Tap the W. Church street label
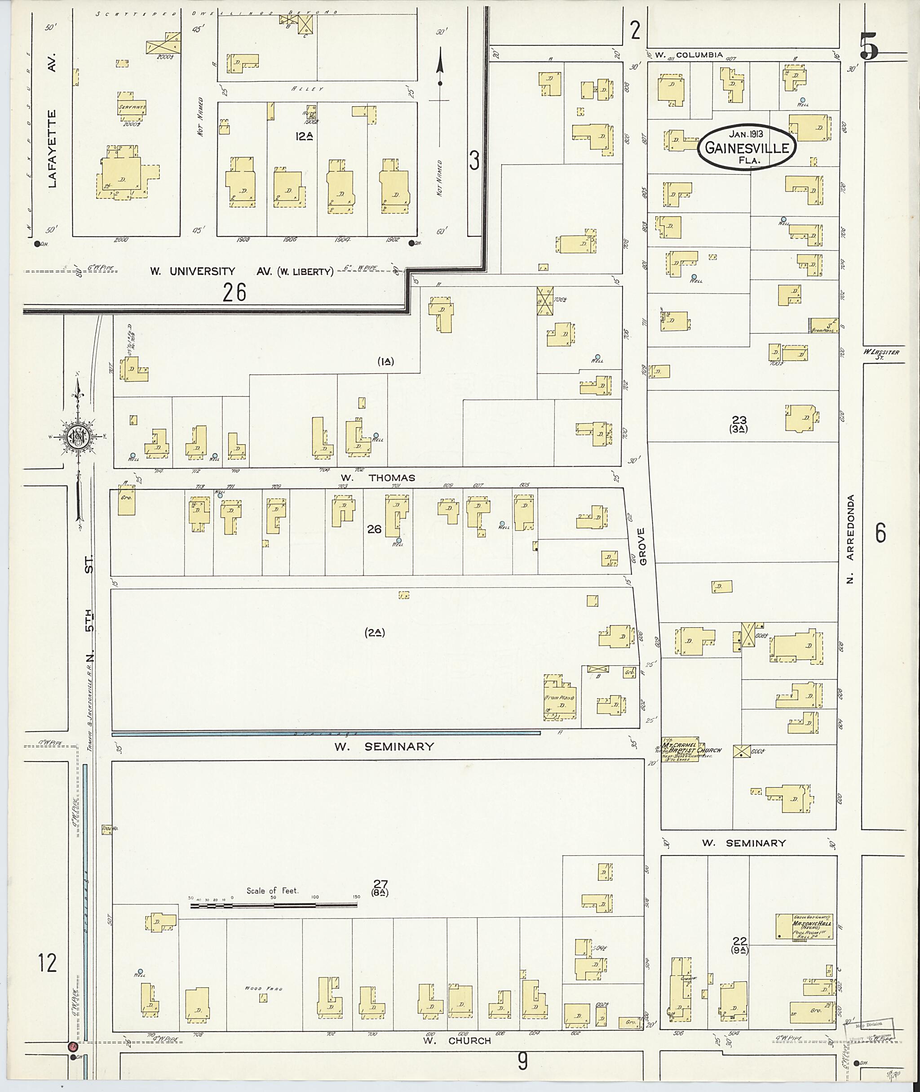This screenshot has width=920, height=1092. click(457, 1040)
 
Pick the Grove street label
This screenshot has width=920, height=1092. click(642, 546)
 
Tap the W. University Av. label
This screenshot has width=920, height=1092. click(242, 272)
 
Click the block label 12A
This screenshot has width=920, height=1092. click(304, 137)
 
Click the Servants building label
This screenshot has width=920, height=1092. click(132, 107)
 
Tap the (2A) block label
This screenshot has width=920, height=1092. click(375, 633)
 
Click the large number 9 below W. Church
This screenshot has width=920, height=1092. click(522, 1061)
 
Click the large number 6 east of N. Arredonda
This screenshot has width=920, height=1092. click(880, 533)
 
